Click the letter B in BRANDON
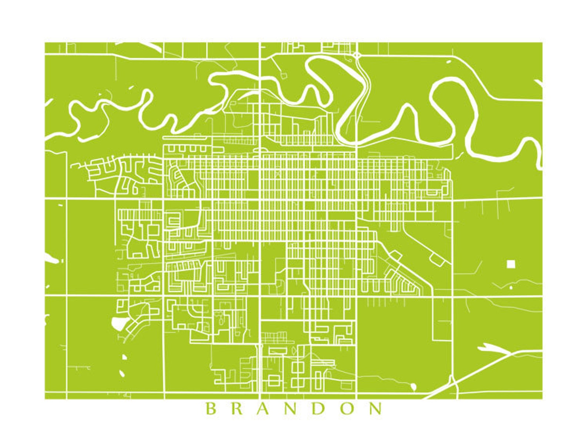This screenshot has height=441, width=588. point(210,409)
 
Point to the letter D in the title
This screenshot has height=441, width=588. point(320,409)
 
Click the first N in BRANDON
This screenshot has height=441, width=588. point(293,409)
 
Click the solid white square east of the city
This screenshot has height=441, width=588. point(511,263)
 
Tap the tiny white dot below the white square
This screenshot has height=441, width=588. point(511,287)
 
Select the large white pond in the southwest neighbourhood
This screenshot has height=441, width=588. point(118,324)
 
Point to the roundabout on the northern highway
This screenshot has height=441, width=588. point(357,55)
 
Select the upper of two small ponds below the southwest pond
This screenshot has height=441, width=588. point(124,357)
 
